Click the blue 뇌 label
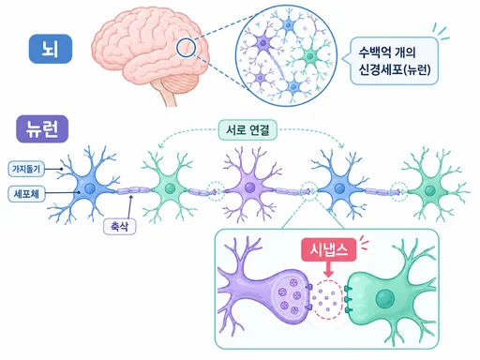coord(51,49)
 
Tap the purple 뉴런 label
coord(42,128)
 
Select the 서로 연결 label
coord(247,129)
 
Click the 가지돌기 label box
coord(26,169)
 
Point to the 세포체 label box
coord(26,194)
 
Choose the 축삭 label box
coord(120,226)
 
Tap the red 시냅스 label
coord(329,249)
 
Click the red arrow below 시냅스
coord(328,269)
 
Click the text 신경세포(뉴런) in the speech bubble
coord(395,69)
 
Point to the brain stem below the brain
coord(168,97)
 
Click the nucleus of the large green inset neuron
coord(385,298)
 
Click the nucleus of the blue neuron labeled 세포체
coord(90,188)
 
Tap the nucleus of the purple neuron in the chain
coord(249,187)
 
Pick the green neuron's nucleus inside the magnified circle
coord(309,56)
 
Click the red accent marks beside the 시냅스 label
coord(364,242)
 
